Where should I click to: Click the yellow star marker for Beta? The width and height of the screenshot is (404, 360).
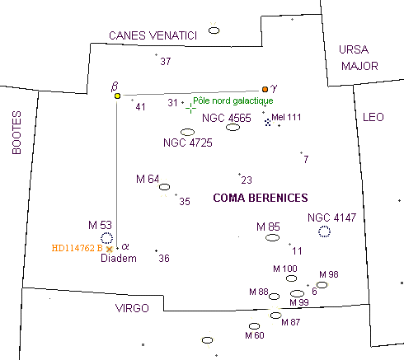(x=117, y=96)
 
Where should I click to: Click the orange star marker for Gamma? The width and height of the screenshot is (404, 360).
(x=265, y=89)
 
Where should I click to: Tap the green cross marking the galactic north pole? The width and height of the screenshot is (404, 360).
(x=190, y=108)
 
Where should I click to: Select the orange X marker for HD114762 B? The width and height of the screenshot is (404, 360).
(x=110, y=249)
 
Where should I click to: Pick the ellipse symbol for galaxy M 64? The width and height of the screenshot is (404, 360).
(x=164, y=187)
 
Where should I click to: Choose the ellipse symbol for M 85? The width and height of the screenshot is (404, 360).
(x=272, y=237)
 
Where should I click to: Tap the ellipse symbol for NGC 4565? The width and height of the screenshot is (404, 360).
(x=233, y=127)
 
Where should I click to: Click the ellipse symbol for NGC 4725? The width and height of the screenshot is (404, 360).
(x=187, y=132)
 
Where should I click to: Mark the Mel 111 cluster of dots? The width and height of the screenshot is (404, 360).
(x=268, y=122)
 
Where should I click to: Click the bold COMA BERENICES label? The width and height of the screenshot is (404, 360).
(x=261, y=198)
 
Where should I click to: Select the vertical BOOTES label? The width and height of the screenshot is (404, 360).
(x=16, y=133)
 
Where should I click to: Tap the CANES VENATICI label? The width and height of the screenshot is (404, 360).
(x=153, y=35)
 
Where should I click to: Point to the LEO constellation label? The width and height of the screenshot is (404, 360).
(x=373, y=117)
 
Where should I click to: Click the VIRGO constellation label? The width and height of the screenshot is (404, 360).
(x=132, y=308)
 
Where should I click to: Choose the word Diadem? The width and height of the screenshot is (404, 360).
(x=119, y=258)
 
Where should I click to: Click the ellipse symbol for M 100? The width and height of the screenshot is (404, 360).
(x=291, y=278)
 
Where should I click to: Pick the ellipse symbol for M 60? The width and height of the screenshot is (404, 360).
(x=254, y=326)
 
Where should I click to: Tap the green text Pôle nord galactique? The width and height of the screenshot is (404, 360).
(x=233, y=101)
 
